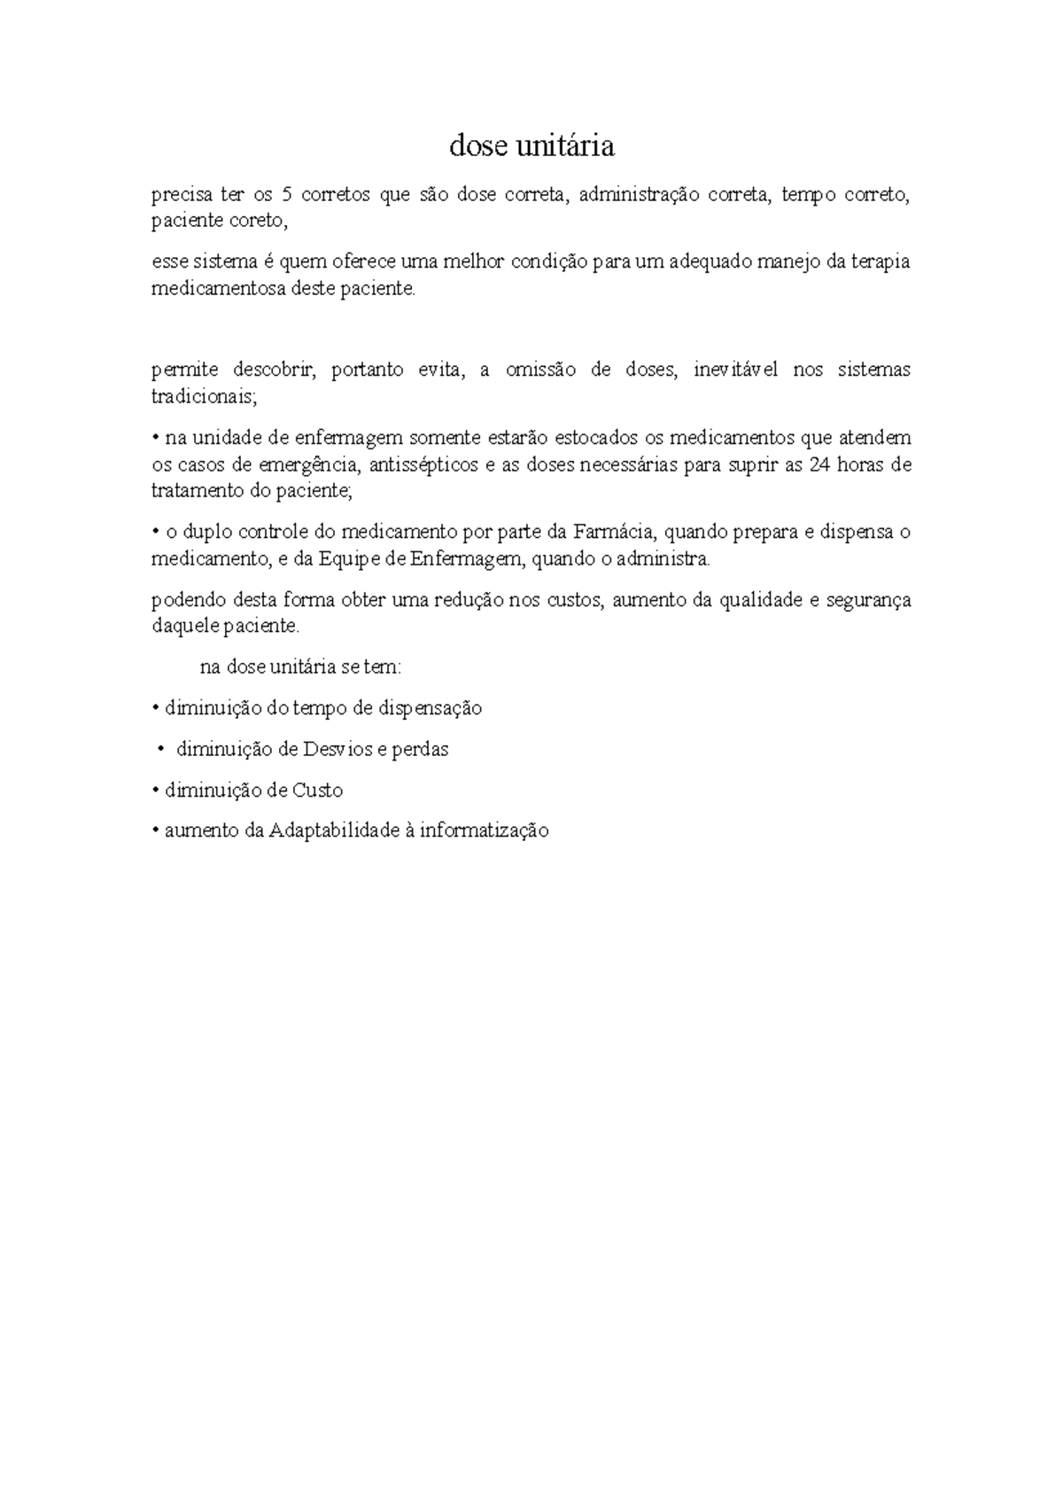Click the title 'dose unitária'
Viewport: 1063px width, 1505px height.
pyautogui.click(x=531, y=145)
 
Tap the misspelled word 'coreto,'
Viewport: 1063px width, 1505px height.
pyautogui.click(x=260, y=222)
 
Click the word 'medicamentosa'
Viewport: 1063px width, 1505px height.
pyautogui.click(x=219, y=289)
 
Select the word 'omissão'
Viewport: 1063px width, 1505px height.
pyautogui.click(x=540, y=370)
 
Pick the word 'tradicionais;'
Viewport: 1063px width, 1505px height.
pyautogui.click(x=204, y=396)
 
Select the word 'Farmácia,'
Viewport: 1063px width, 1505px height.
pyautogui.click(x=615, y=533)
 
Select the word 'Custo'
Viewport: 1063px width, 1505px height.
pyautogui.click(x=317, y=790)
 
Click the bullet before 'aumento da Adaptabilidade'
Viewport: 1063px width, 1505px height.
pyautogui.click(x=155, y=831)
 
